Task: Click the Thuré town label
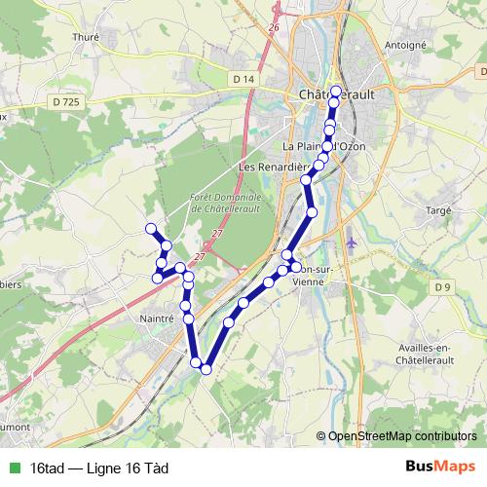tap(87, 38)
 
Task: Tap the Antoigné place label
tap(406, 44)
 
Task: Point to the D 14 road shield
tap(243, 78)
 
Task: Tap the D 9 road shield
tap(443, 285)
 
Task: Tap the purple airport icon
tap(352, 242)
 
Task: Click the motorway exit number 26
tap(274, 27)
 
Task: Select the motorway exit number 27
tap(216, 234)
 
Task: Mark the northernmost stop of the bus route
tap(336, 93)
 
